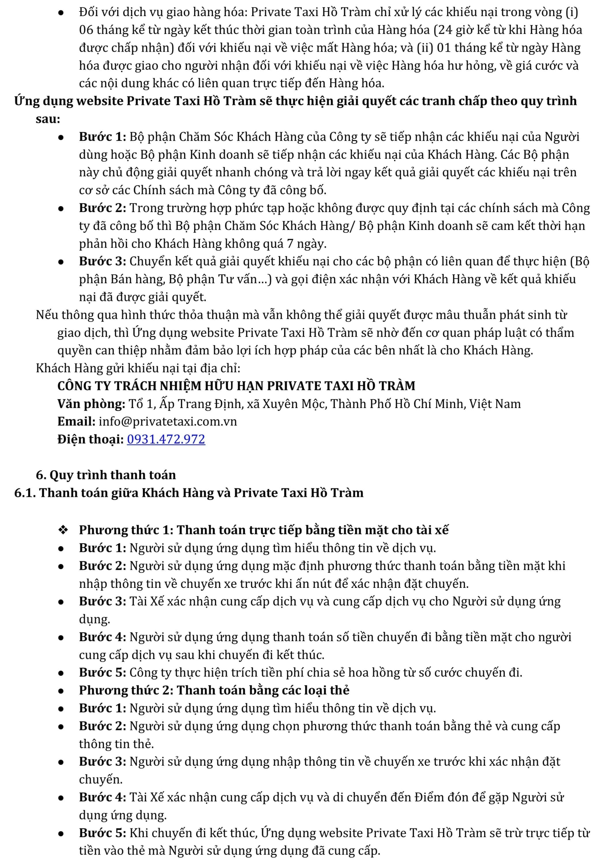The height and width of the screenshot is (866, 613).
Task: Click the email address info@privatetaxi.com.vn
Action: [168, 422]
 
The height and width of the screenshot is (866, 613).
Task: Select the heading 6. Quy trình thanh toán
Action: [106, 475]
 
